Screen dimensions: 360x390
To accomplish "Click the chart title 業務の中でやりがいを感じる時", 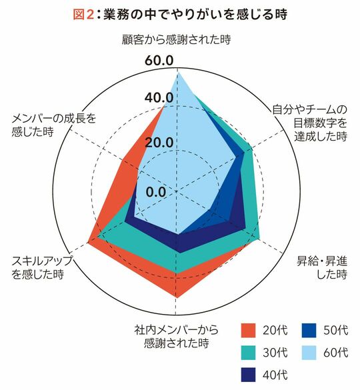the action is pos(195,14).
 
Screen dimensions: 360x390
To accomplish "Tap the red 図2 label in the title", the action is pos(83,15).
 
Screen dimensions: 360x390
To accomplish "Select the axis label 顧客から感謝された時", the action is pos(176,39).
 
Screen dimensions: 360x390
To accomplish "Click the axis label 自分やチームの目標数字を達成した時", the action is pos(309,123).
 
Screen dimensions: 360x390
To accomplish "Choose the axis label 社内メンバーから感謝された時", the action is pos(176,336).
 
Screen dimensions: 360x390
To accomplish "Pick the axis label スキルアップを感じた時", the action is pos(41,267).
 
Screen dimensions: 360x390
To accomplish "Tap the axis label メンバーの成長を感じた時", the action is pos(54,125).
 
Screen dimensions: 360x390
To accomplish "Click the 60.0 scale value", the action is pos(159,60).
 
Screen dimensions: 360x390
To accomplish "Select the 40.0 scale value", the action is pos(159,98).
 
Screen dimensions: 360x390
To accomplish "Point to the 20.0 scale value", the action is pos(159,142).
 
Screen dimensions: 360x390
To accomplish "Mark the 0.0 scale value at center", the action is pos(155,191).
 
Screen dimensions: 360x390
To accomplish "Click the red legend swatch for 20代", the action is pos(248,330).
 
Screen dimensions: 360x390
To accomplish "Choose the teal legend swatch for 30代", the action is pos(248,353).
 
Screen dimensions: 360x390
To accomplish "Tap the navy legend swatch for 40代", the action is pos(248,375).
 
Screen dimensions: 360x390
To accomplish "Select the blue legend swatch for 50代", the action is pos(309,330).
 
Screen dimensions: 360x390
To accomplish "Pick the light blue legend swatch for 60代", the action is pos(309,353).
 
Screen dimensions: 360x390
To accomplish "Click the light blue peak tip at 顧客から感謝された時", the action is pos(177,71).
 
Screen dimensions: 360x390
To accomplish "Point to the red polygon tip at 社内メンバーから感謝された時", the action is pos(177,297).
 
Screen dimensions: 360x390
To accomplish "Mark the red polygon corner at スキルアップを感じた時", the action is pos(88,242).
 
